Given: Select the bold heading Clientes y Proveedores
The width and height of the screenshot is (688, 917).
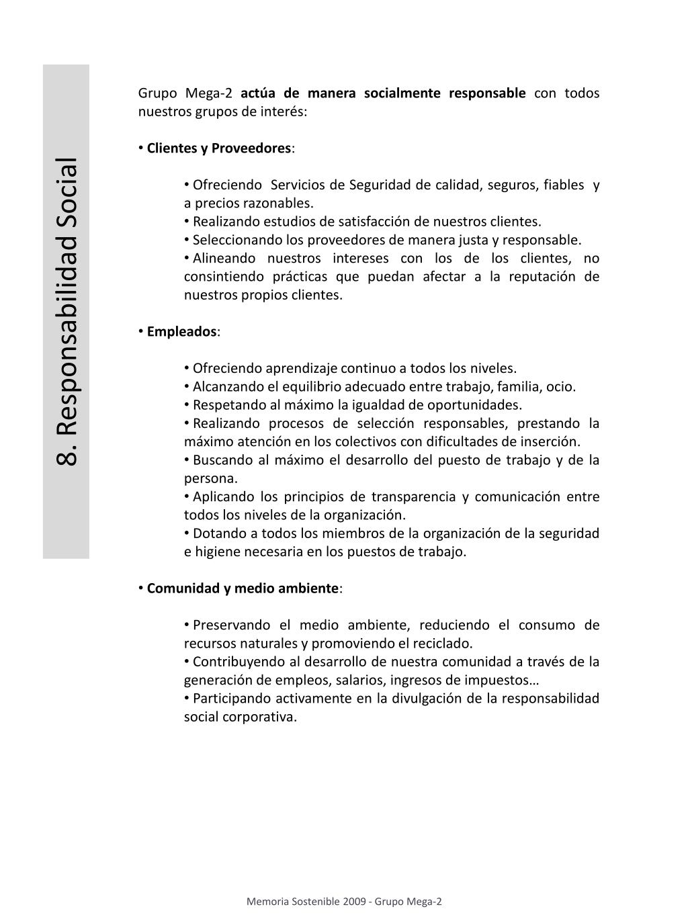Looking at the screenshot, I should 219,148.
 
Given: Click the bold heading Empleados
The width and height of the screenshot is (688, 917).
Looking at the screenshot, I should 181,331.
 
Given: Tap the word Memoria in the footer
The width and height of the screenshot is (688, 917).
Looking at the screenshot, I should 267,902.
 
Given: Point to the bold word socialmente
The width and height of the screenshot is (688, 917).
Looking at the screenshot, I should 402,93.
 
